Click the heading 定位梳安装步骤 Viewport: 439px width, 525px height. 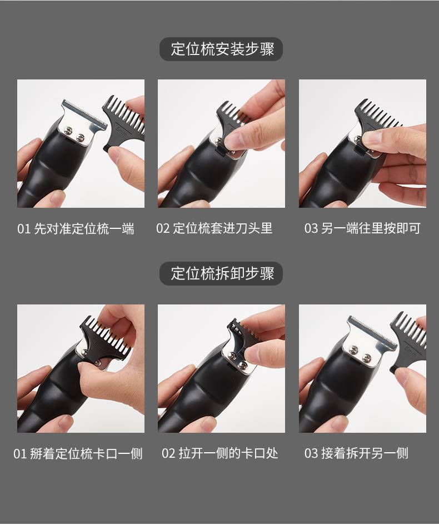click(222, 49)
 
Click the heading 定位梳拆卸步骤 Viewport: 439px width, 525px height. click(222, 273)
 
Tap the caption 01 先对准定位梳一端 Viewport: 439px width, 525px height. click(76, 229)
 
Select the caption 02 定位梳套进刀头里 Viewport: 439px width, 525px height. click(214, 228)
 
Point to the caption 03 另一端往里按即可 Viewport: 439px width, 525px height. click(362, 228)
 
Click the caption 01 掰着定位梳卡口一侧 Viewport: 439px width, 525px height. click(78, 454)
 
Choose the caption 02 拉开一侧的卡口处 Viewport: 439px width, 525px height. click(220, 453)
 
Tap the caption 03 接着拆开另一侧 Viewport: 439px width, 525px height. click(356, 453)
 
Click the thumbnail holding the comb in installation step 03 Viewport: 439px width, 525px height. click(375, 138)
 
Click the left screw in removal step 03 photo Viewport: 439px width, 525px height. click(353, 350)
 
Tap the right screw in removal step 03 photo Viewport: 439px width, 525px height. click(367, 357)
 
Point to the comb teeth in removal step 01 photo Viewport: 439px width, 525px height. click(107, 336)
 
